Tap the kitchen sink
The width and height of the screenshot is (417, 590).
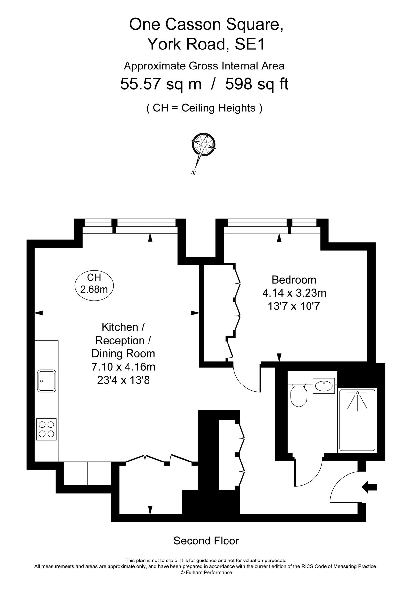(x=47, y=381)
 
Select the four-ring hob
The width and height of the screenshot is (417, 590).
(x=46, y=429)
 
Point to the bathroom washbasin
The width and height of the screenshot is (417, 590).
(x=324, y=385)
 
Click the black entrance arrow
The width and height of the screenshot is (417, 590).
(x=369, y=487)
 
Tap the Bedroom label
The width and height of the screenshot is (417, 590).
(x=294, y=280)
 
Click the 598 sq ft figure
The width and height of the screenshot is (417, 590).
(x=257, y=84)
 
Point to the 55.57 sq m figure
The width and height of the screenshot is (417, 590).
(x=161, y=84)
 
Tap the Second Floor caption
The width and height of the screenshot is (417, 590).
(x=206, y=541)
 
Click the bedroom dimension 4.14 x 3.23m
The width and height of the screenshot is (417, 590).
(x=294, y=293)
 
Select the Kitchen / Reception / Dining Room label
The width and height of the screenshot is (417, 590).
(x=123, y=340)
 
